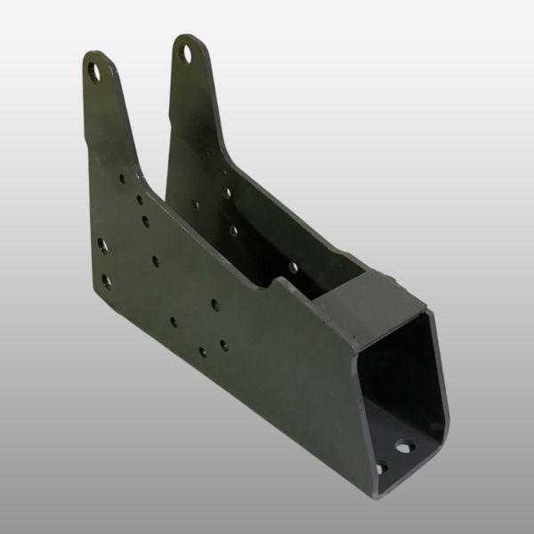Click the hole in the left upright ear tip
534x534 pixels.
95,67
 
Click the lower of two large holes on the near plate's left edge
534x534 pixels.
106,280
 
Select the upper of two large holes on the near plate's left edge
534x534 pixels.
103,243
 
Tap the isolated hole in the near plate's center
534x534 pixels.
156,261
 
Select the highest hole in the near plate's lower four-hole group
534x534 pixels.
215,303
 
